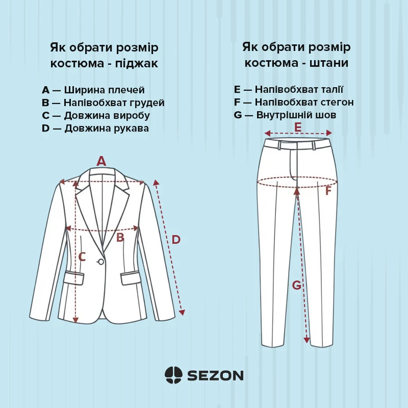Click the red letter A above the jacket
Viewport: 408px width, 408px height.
(x=101, y=161)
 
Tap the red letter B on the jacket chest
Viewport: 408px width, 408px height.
(x=120, y=238)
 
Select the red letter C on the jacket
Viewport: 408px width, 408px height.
(x=82, y=257)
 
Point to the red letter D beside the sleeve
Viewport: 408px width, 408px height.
(x=176, y=240)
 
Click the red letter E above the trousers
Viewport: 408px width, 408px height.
(x=298, y=127)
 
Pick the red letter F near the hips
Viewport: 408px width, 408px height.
(x=328, y=191)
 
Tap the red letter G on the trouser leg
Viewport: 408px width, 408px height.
(x=297, y=286)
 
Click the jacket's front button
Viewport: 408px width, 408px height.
(x=100, y=262)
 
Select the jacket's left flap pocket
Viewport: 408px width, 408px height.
(x=74, y=277)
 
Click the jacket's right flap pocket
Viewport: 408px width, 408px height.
(x=131, y=277)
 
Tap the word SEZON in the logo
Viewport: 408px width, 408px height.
(x=215, y=375)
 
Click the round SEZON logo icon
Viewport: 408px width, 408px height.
(x=173, y=375)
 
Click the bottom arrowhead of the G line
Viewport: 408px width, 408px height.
(x=307, y=340)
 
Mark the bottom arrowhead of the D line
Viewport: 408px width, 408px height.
(x=182, y=313)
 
